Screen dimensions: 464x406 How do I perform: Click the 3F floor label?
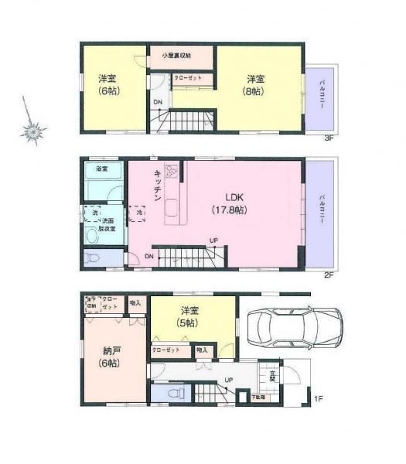tap(327, 138)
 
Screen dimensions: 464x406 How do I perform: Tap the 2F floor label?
tap(327, 275)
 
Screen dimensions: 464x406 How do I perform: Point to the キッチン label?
tap(157, 186)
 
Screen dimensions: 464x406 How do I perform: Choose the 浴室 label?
tap(101, 169)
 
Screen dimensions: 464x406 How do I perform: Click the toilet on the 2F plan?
tap(92, 258)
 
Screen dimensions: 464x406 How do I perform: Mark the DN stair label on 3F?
tap(158, 102)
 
